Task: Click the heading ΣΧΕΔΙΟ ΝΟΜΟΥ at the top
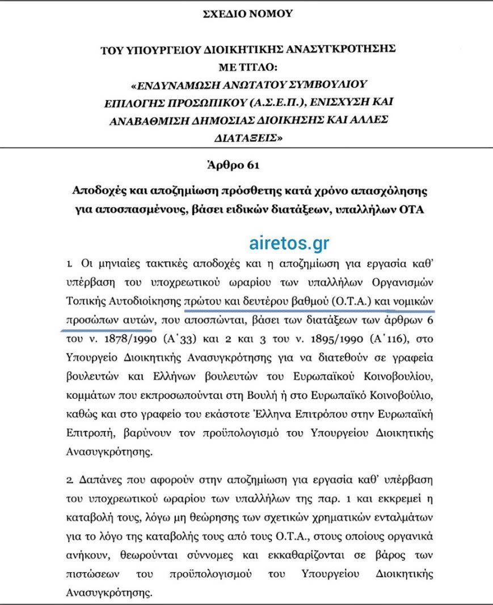247,14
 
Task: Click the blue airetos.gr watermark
289,242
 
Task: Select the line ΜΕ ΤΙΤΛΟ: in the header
247,67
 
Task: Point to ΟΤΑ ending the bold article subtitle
415,209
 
